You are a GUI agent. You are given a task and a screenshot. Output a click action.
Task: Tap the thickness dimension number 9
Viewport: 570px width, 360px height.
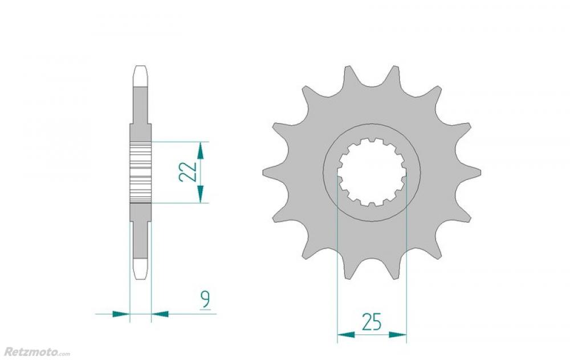[205, 299]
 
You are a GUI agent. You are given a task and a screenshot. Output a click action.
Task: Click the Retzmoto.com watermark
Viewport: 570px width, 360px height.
[36, 351]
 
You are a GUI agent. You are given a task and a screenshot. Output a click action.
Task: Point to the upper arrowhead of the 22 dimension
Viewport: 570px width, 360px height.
[200, 151]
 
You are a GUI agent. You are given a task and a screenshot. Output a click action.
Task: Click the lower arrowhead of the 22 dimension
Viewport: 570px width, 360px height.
[200, 194]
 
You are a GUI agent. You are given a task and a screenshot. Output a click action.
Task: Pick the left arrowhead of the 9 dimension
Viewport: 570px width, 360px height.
[121, 313]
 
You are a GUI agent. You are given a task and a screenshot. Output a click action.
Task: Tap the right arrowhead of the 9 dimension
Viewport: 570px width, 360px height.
[160, 313]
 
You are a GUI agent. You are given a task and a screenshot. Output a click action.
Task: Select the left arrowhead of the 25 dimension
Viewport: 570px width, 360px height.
[346, 334]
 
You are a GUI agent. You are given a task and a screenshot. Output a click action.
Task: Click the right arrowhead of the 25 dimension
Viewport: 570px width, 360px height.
[398, 334]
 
